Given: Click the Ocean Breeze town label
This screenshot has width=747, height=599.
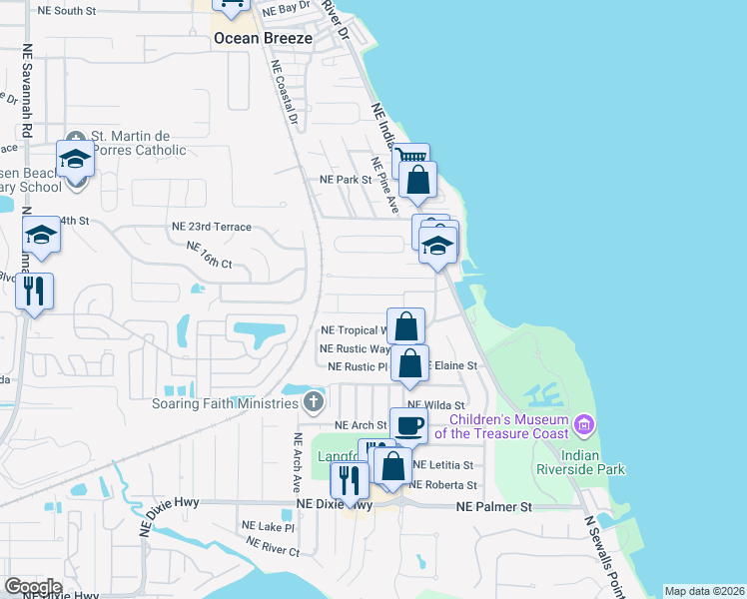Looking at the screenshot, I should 263,39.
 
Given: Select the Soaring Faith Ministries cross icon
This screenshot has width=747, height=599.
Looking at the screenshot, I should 314,403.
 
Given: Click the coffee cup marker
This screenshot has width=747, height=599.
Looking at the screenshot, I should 408,425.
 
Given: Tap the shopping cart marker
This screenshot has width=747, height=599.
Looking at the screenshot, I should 410,159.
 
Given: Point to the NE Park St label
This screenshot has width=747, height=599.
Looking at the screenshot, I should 345,180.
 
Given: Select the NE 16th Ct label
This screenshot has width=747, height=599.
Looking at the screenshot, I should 209,256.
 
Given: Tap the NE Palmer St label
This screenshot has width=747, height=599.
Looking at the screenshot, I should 494,507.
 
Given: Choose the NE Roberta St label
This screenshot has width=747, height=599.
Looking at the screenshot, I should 444,485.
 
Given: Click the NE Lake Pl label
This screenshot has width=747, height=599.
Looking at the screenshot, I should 268,525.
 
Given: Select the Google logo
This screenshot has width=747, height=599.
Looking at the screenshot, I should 33,587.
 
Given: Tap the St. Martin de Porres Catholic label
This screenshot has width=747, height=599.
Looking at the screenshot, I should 139,143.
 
